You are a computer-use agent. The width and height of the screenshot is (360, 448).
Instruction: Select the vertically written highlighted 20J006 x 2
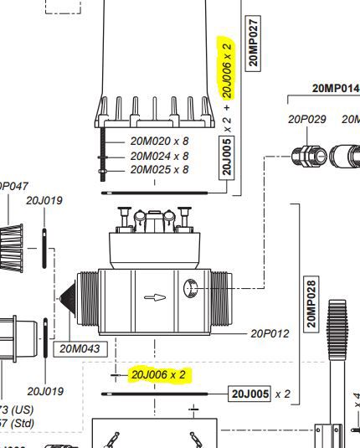pos(227,68)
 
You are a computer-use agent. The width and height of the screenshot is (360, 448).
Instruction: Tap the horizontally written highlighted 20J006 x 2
pos(159,374)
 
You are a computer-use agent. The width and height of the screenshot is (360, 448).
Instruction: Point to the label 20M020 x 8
pos(159,142)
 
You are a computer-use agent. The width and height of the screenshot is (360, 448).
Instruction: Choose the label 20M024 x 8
pos(159,155)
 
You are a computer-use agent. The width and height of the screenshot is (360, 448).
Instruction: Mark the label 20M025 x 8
pos(159,168)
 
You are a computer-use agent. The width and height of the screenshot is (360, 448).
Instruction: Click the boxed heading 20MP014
pos(335,88)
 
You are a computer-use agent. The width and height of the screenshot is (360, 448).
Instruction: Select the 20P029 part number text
pos(306,119)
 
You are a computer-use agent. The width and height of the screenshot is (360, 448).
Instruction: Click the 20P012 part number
pos(270,333)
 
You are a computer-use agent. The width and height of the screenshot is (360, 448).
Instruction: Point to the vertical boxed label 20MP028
pos(311,305)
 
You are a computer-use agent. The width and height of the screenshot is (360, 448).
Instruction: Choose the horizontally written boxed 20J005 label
pos(249,393)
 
